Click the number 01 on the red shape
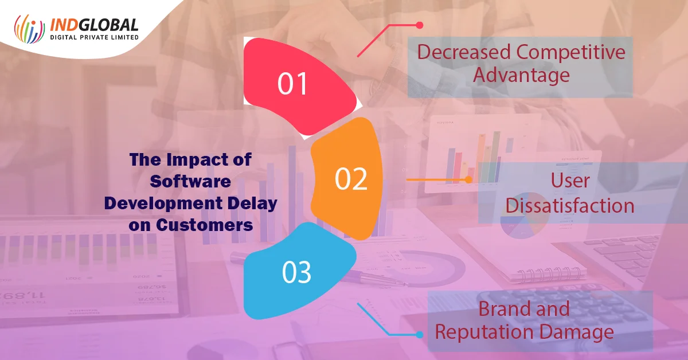tap(292, 83)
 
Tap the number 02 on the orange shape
tap(351, 179)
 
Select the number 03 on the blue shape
tap(296, 272)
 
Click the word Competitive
tap(570, 52)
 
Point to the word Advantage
tap(521, 75)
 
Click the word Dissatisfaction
tap(570, 205)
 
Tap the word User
tap(570, 180)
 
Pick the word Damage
tap(577, 332)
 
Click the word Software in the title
tap(190, 181)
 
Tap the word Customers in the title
tap(204, 225)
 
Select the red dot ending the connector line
tap(419, 25)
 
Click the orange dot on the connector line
tap(468, 179)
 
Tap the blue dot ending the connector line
tap(419, 335)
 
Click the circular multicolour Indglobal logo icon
tap(29, 29)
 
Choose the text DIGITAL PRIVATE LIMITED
tap(94, 37)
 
